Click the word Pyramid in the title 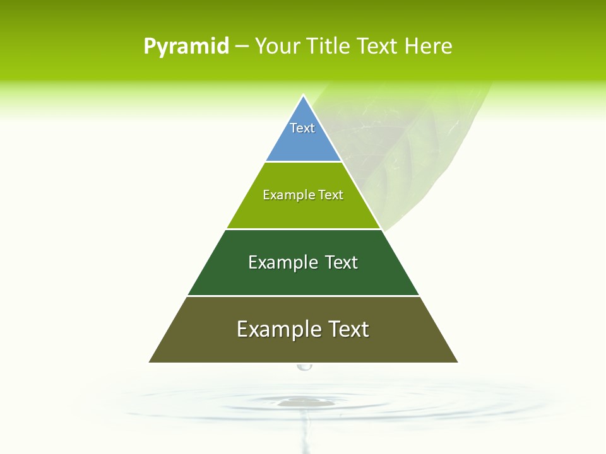click(x=186, y=47)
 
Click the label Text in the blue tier click(x=302, y=128)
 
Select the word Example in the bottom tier click(x=278, y=329)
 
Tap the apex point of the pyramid click(x=303, y=96)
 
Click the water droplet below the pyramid click(x=304, y=366)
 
